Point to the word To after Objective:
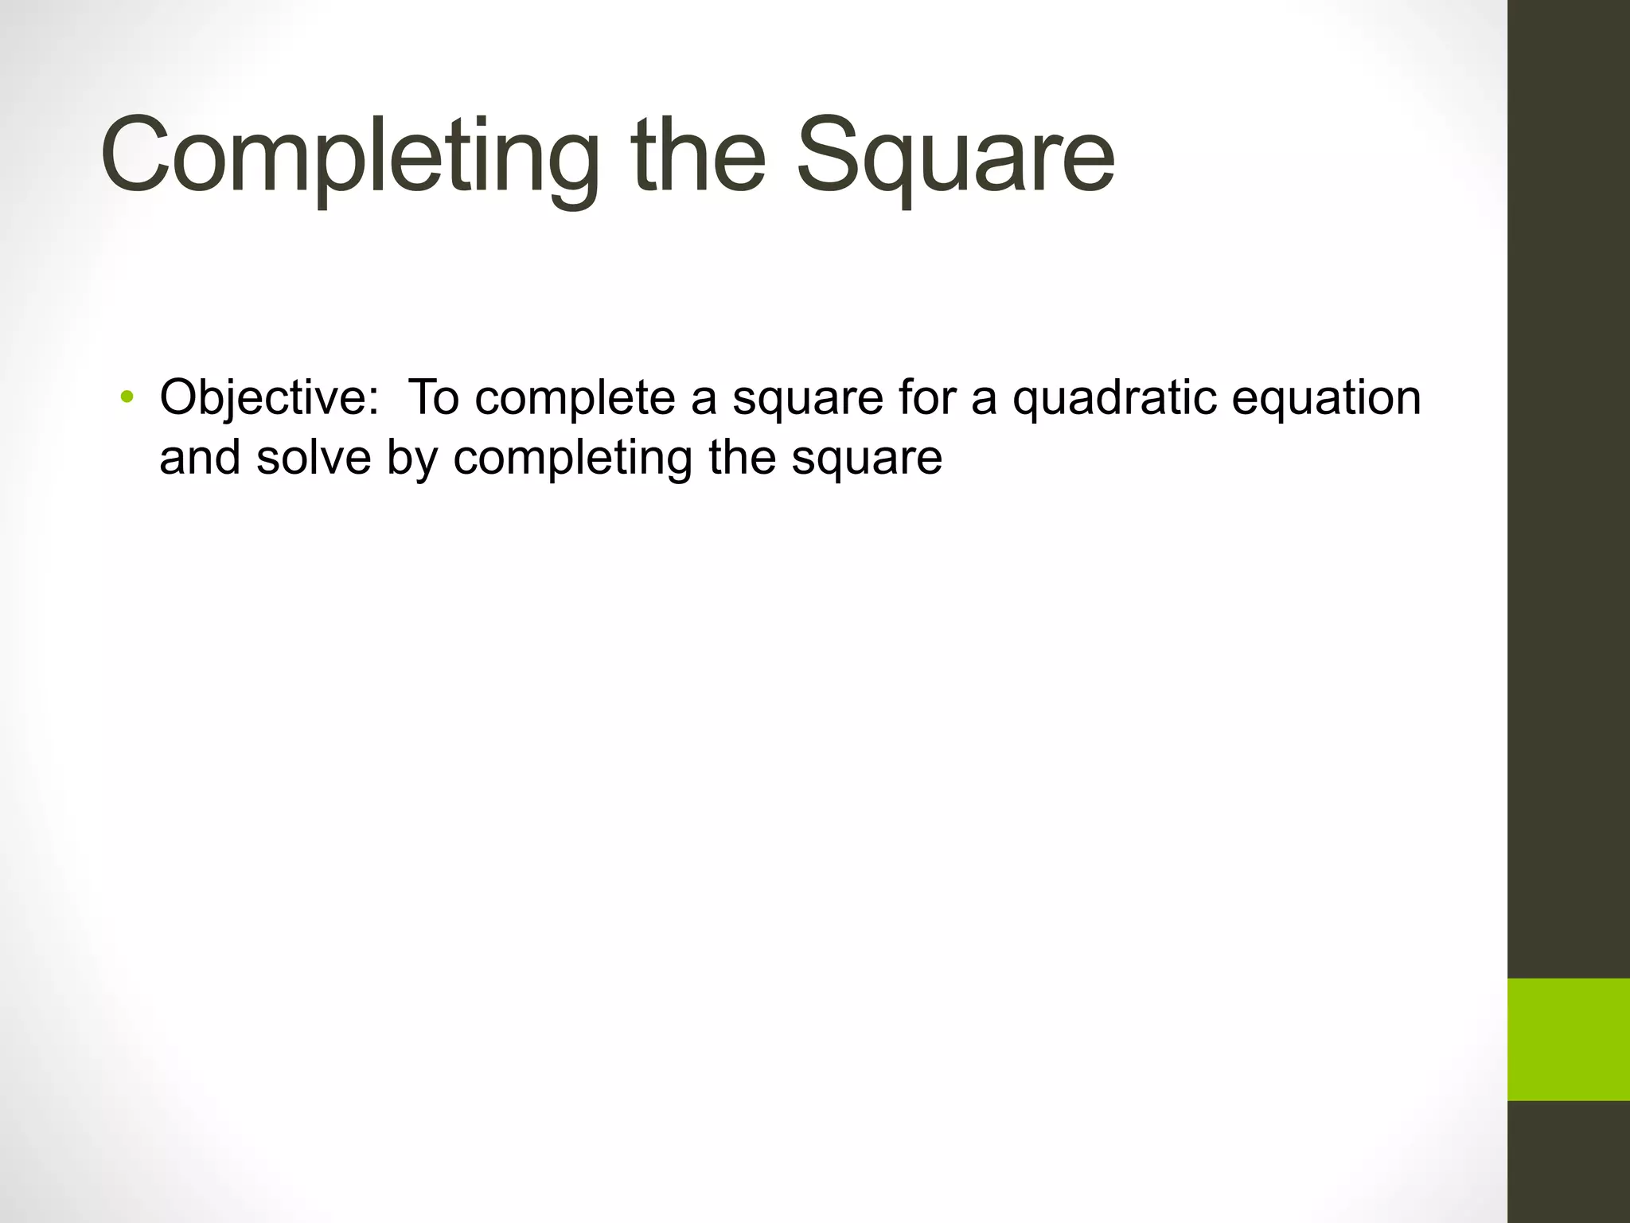(x=433, y=397)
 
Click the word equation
(x=1326, y=397)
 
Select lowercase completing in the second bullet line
(x=572, y=460)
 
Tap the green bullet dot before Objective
(x=126, y=397)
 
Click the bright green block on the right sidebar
(x=1568, y=1039)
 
